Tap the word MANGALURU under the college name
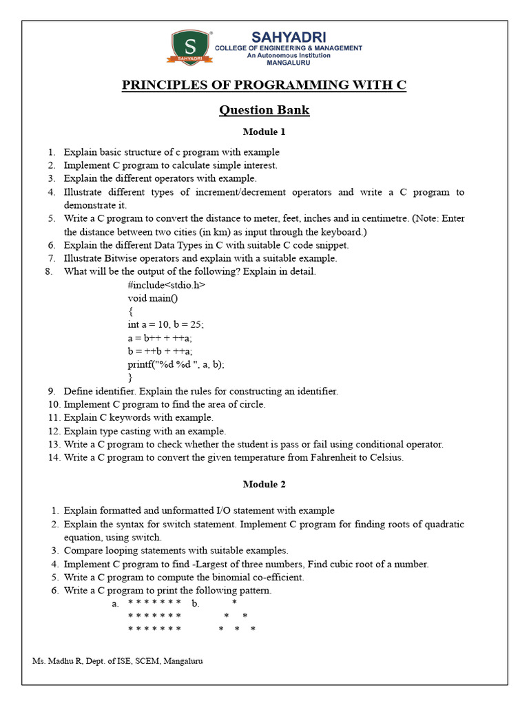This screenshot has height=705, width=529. pos(289,63)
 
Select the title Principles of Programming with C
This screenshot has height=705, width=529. pos(264,85)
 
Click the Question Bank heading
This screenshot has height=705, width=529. pos(264,110)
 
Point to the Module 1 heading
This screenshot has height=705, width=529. pos(264,131)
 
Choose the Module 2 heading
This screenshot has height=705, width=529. pos(264,484)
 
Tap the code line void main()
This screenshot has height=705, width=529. pos(152,298)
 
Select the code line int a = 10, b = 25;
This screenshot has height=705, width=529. pos(165,324)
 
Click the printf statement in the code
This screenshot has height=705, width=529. pos(176,364)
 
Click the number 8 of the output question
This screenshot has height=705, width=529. pos(49,271)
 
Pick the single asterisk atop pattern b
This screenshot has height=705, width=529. pos(234,603)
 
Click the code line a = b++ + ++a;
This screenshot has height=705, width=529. pos(160,337)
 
